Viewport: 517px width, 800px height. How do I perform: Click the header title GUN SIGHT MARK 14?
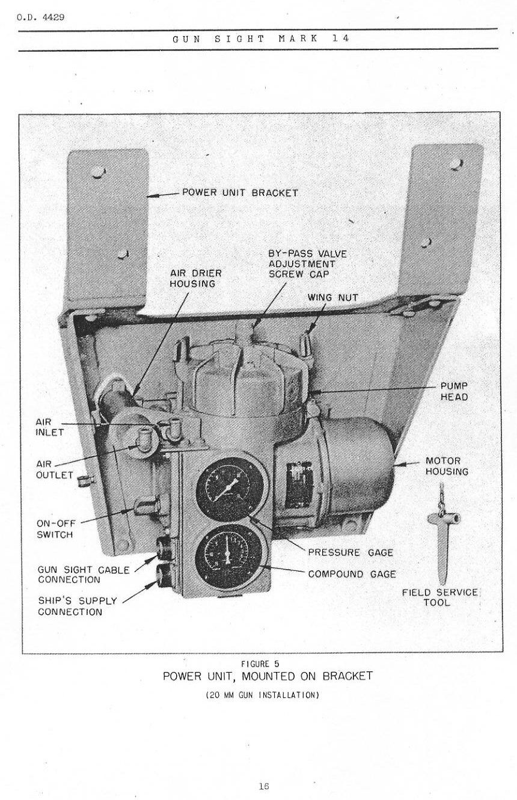pyautogui.click(x=260, y=38)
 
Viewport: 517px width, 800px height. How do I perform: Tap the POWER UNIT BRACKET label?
pyautogui.click(x=240, y=193)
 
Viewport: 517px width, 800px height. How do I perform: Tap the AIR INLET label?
pyautogui.click(x=49, y=427)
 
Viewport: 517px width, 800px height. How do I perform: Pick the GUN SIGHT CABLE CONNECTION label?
pyautogui.click(x=83, y=575)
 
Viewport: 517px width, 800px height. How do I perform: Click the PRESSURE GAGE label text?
pyautogui.click(x=350, y=553)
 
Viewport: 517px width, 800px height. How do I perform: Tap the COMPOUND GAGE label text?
pyautogui.click(x=352, y=574)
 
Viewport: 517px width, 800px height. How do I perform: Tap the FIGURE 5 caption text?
pyautogui.click(x=260, y=664)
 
